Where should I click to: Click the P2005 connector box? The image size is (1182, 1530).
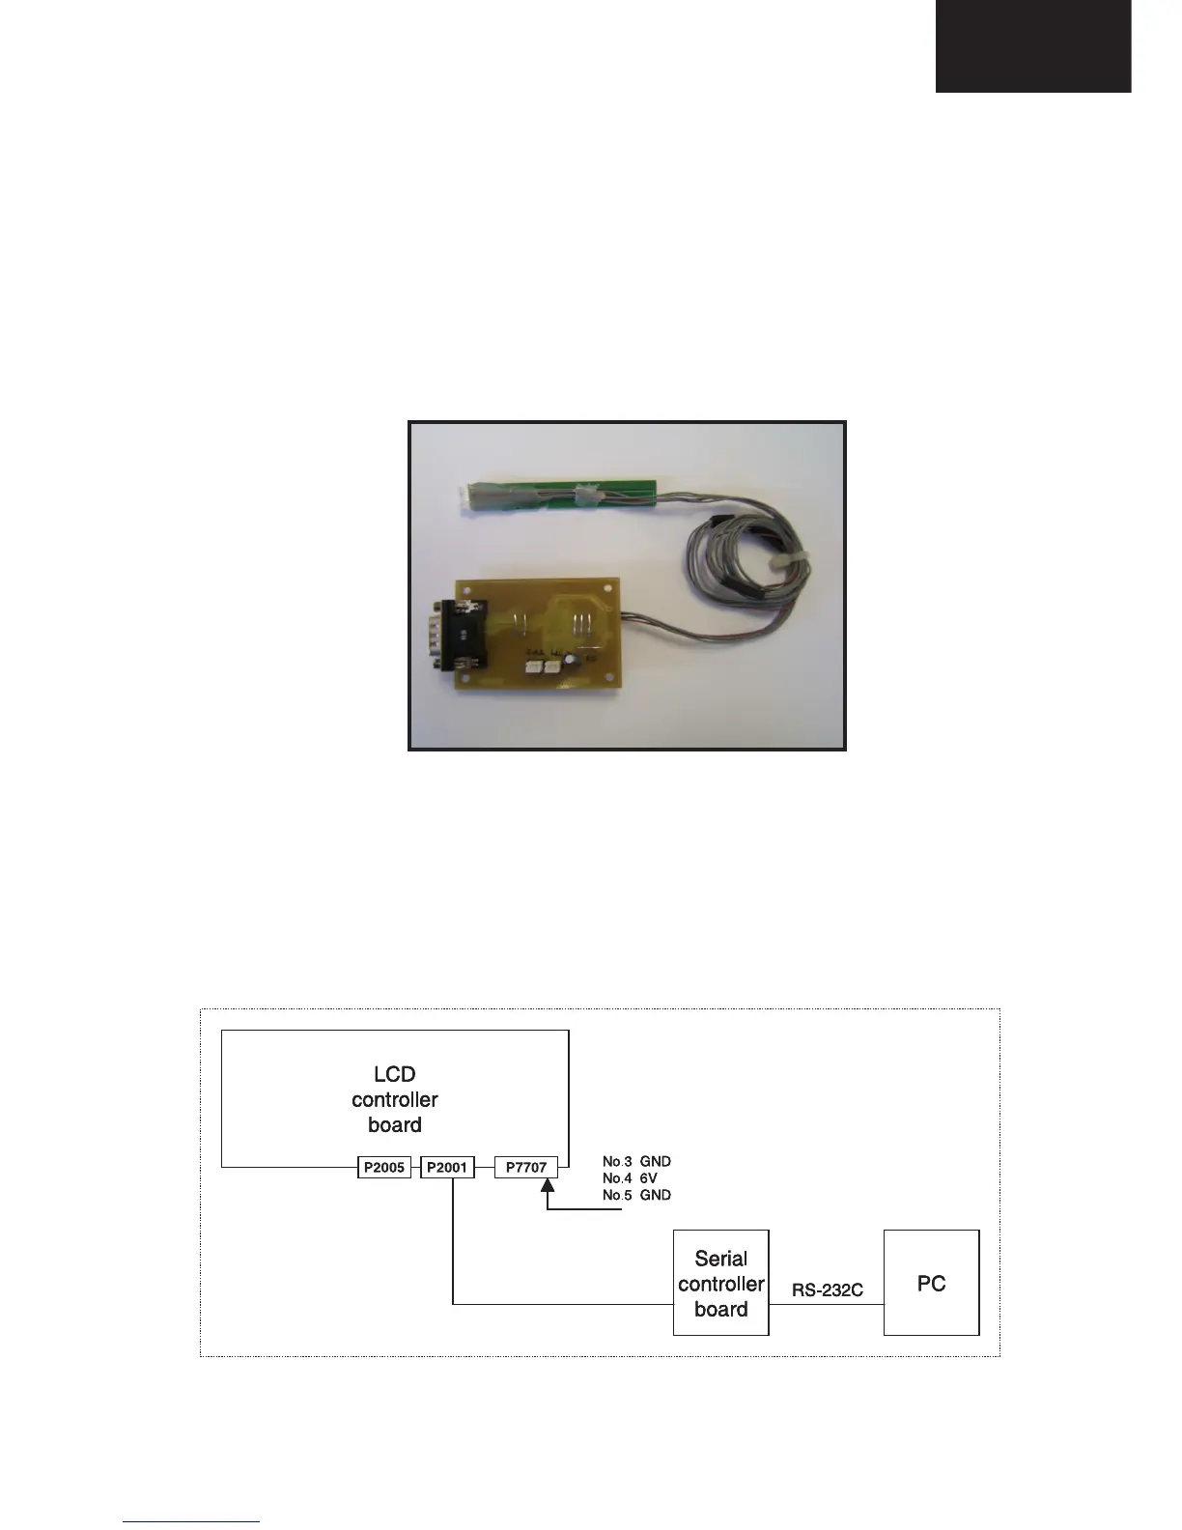click(384, 1168)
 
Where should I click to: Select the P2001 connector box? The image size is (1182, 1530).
click(447, 1168)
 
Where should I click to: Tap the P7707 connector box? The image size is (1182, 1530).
click(526, 1168)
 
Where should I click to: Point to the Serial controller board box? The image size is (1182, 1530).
click(720, 1283)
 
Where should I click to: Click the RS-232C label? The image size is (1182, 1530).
click(827, 1290)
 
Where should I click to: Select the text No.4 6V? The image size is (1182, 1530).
click(636, 1178)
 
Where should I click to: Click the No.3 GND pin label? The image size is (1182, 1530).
click(636, 1161)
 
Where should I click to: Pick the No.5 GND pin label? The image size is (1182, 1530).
click(636, 1195)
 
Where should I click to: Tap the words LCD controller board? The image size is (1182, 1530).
click(394, 1099)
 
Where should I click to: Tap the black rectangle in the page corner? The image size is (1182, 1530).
click(1032, 46)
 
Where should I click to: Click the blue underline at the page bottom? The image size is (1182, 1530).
click(191, 1521)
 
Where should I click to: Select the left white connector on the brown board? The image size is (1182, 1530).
click(533, 666)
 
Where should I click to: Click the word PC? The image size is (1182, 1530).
click(931, 1284)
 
